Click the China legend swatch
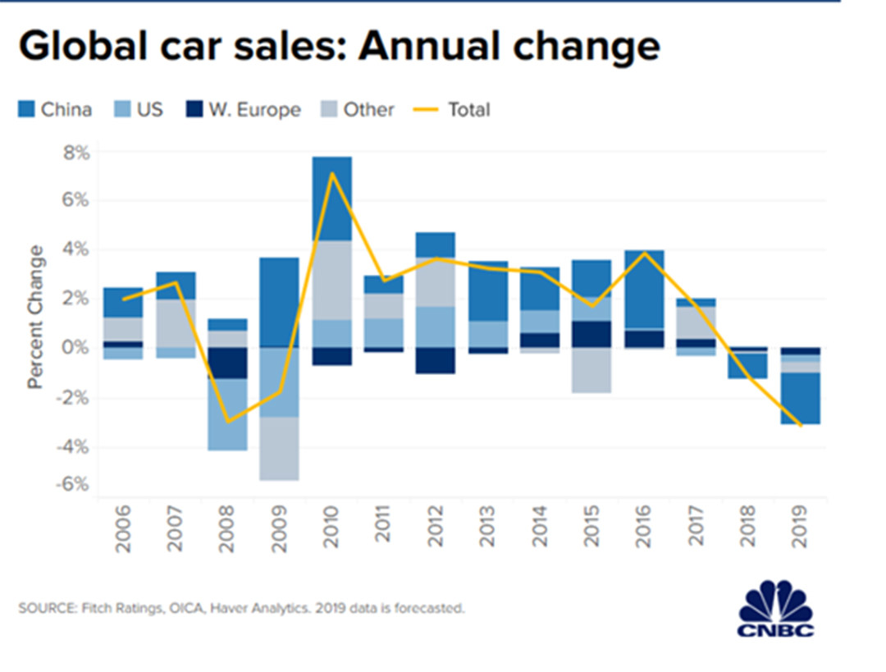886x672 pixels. coord(26,109)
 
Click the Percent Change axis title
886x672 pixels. coord(36,315)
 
